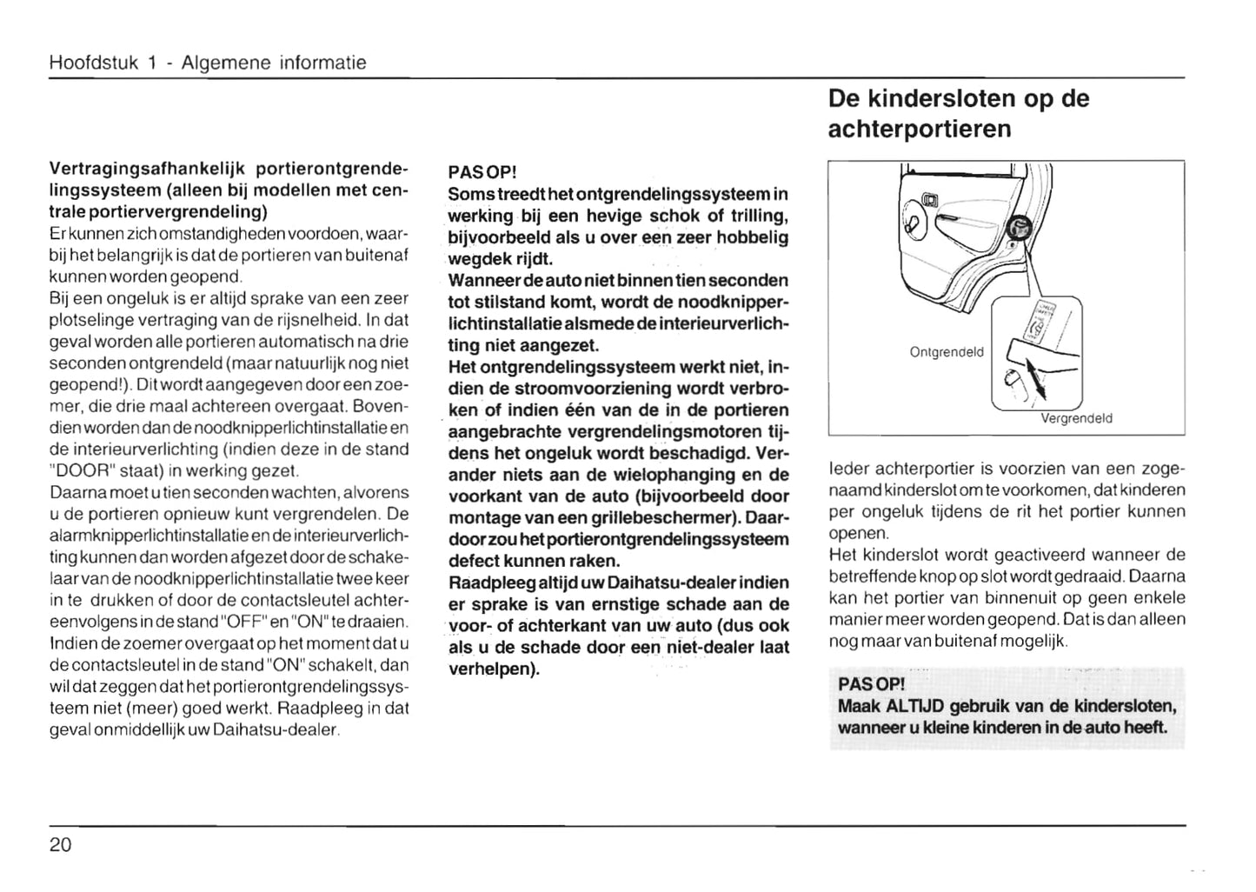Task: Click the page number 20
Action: click(x=61, y=844)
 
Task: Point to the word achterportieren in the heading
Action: click(x=920, y=130)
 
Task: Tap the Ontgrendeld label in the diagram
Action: click(x=947, y=352)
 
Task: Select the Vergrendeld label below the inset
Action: click(x=1076, y=418)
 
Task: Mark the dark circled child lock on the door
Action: click(x=1018, y=230)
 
